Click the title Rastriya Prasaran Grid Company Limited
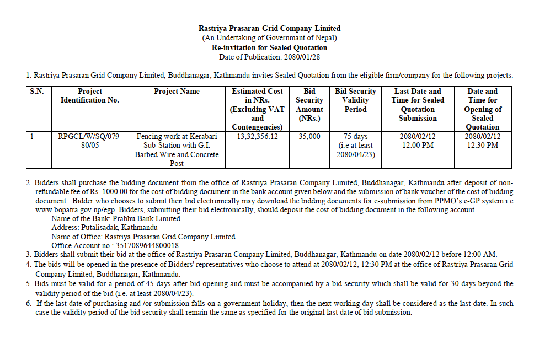click(269, 28)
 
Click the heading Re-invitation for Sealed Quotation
click(269, 47)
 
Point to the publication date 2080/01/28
click(301, 57)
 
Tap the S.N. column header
click(36, 92)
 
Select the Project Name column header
click(177, 92)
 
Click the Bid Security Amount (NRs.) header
click(309, 105)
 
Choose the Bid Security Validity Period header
click(355, 100)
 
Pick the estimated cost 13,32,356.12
click(258, 137)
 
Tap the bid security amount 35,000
click(309, 137)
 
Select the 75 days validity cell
click(355, 137)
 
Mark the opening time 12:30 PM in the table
click(482, 146)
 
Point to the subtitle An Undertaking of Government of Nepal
click(269, 38)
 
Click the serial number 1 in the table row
click(32, 137)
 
